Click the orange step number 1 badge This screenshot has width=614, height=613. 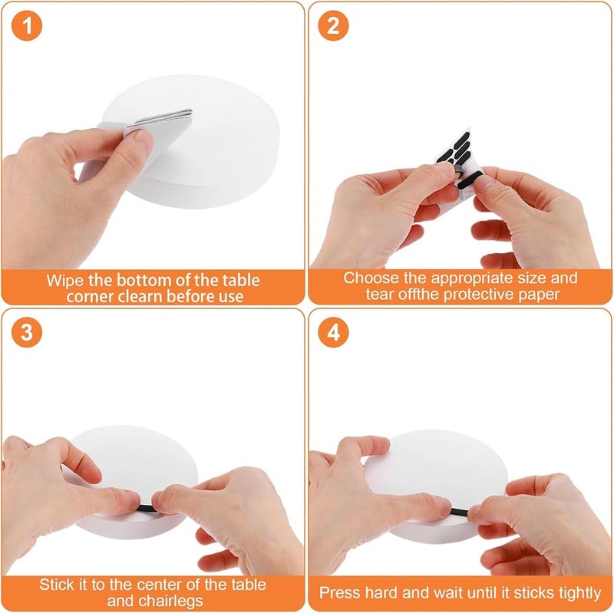[27, 25]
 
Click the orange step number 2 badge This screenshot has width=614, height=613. [333, 25]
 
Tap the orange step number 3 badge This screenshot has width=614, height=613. [27, 332]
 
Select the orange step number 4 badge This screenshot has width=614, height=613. [333, 332]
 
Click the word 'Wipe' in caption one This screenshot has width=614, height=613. [64, 281]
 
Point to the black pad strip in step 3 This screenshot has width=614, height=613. [147, 509]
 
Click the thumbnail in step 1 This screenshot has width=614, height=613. [143, 138]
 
